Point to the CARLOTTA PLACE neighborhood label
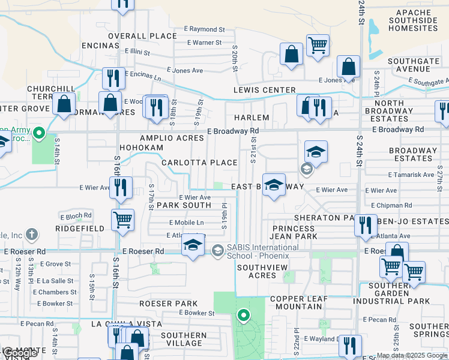point(199,163)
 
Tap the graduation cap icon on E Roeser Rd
point(193,245)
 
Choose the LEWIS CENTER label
point(264,90)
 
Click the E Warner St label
point(204,43)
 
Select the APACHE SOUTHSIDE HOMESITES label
point(414,20)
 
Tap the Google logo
point(19,353)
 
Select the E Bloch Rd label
point(76,215)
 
